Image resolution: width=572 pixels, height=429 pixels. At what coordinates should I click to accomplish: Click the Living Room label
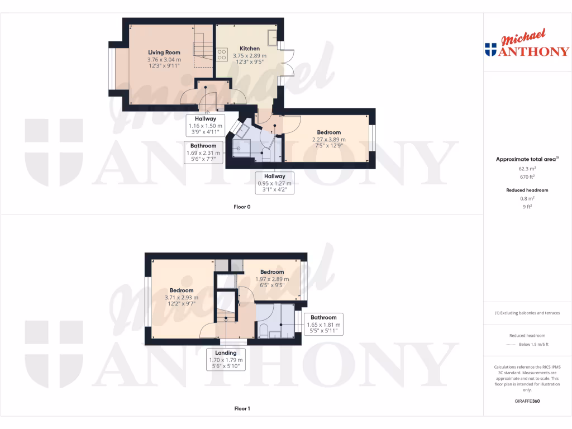click(164, 53)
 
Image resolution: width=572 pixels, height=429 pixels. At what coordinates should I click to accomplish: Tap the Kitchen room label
click(250, 49)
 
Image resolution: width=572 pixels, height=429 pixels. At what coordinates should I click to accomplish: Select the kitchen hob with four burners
click(222, 55)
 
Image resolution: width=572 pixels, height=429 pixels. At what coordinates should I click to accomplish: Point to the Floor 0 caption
click(242, 207)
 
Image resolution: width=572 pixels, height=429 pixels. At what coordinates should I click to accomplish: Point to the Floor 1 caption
click(242, 408)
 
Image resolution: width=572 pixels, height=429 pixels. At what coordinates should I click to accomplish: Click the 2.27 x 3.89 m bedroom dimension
click(328, 140)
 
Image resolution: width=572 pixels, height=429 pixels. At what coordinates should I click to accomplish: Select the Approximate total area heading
click(527, 159)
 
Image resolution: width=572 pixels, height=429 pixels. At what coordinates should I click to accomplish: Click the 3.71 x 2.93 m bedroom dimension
click(182, 298)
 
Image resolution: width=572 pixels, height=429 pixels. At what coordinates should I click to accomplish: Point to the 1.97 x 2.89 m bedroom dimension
click(272, 279)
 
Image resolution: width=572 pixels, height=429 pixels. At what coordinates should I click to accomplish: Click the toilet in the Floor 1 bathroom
click(263, 330)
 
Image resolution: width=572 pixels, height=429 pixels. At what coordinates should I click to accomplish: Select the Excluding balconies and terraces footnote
click(527, 313)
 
